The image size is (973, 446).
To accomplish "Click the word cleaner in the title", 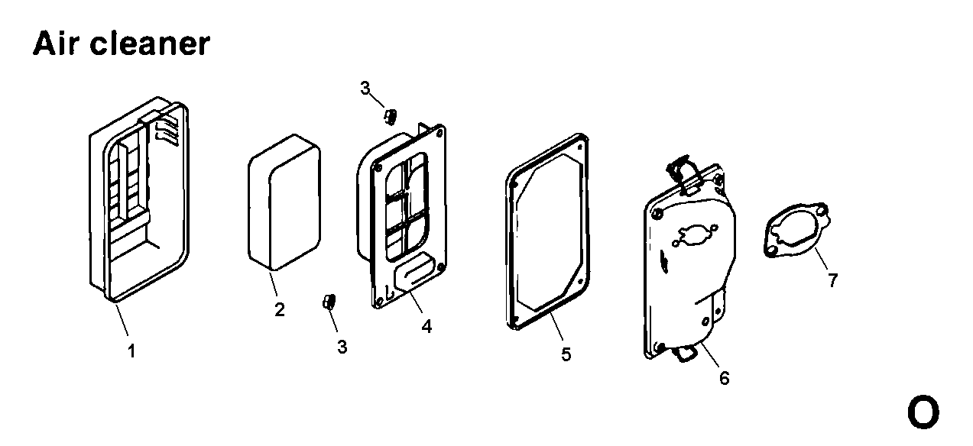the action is (x=151, y=44).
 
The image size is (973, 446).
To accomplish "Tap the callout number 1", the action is (x=131, y=351).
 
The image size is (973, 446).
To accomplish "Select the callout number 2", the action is (x=280, y=309).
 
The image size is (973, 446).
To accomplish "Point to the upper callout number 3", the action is (x=365, y=88).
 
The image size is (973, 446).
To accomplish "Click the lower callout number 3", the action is (x=342, y=347).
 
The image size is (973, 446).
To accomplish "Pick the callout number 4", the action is (x=426, y=326).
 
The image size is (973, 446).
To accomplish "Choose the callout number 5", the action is (x=566, y=354).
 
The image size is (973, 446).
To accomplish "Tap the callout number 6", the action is (x=725, y=378).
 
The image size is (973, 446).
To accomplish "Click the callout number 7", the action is (x=832, y=280).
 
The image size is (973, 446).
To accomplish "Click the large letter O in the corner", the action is (x=923, y=412).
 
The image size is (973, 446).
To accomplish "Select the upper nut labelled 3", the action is (x=390, y=116).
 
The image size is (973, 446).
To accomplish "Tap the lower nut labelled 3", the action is (x=329, y=302).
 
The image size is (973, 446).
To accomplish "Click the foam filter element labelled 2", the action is (x=284, y=202).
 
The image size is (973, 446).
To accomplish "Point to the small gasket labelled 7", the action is (x=797, y=230).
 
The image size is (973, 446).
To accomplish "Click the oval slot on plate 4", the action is (x=414, y=273).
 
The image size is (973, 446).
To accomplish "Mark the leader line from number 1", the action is (x=122, y=320).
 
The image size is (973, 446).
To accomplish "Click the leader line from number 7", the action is (x=822, y=259).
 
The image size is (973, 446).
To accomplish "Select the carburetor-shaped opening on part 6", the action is (x=695, y=234).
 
